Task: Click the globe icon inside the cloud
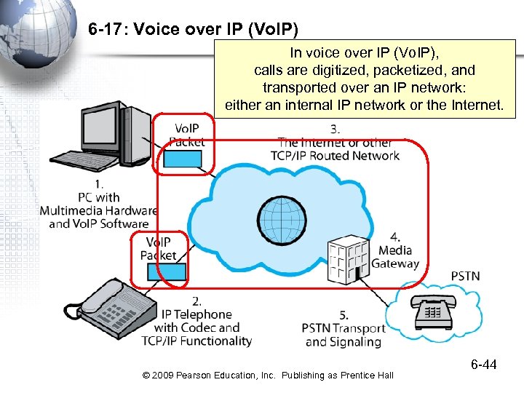tap(280, 215)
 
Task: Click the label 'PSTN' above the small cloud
tap(465, 276)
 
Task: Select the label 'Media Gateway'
tap(395, 257)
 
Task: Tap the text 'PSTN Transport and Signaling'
tap(343, 335)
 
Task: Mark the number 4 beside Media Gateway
tap(395, 237)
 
